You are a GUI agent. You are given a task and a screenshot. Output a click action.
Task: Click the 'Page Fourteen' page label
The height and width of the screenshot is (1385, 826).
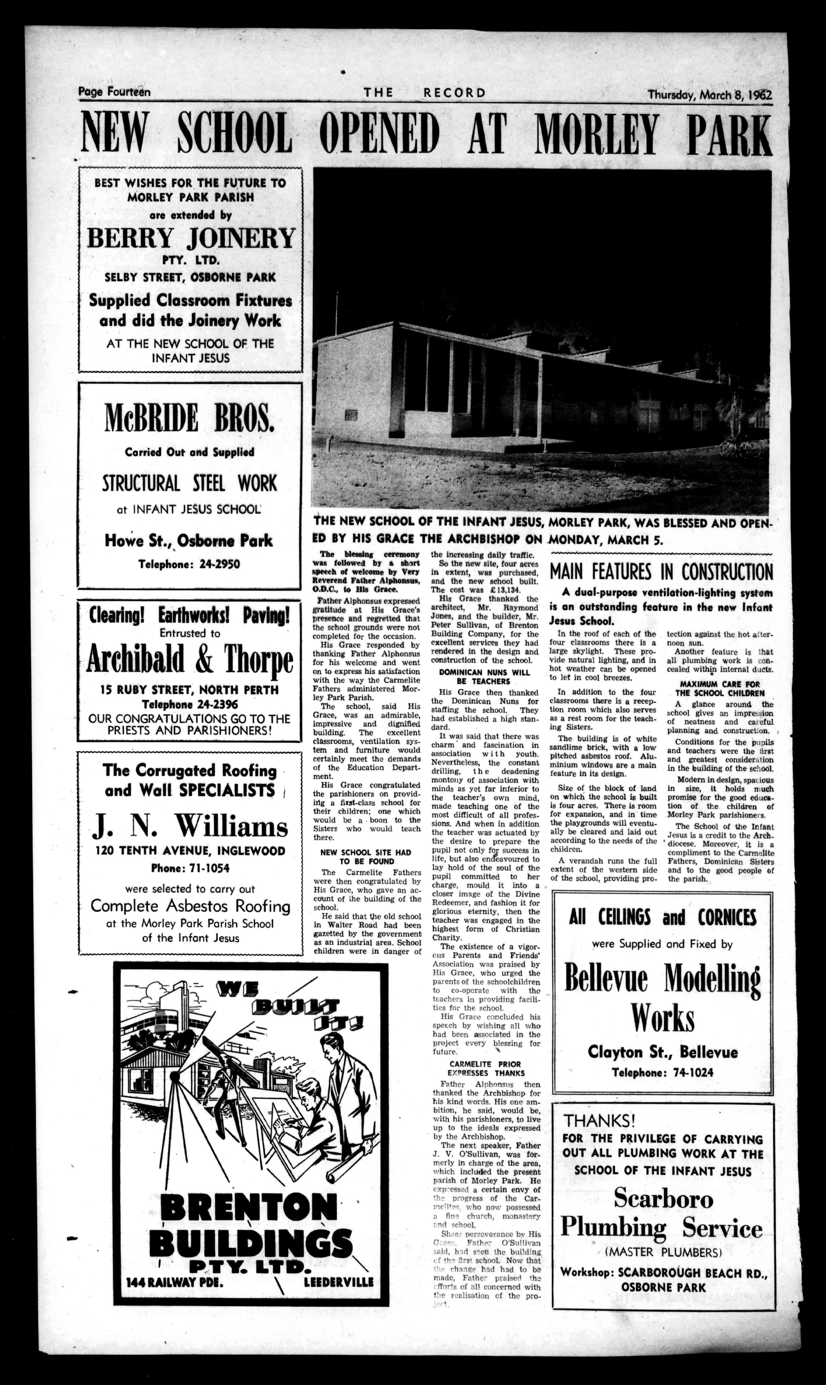coord(114,92)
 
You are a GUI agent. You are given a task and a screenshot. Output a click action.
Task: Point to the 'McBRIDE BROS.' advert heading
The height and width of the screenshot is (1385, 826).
coord(189,418)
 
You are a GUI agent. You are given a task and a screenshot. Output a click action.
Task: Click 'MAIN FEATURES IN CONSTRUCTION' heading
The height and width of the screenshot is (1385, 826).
coord(661,572)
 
